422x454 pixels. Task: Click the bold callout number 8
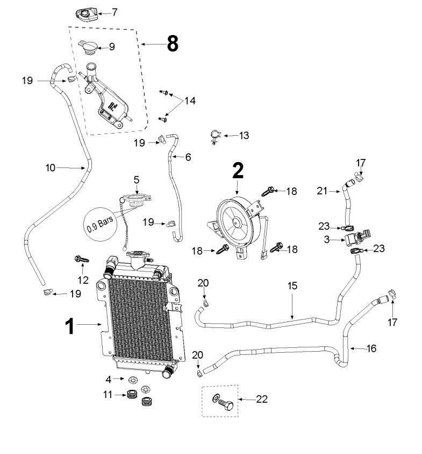[172, 44]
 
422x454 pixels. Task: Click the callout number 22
[262, 399]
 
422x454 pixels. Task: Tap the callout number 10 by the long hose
[50, 167]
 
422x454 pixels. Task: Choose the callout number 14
[190, 101]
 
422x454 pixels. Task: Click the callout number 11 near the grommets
[108, 395]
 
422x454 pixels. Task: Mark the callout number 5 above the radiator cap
[136, 178]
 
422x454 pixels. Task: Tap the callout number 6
[188, 157]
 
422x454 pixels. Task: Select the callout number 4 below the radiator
[108, 379]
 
